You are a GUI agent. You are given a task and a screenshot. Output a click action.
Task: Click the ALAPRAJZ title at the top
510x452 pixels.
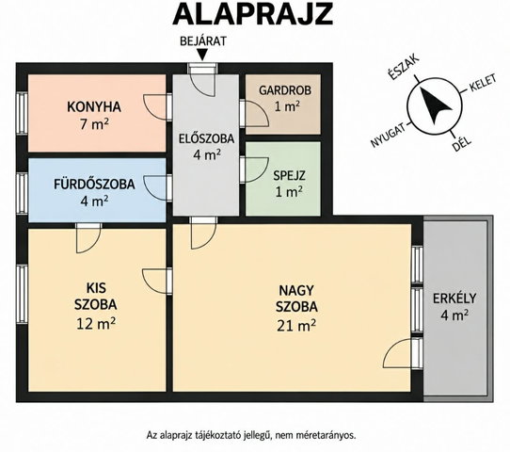[253, 15]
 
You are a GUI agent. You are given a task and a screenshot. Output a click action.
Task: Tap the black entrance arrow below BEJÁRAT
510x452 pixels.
[202, 55]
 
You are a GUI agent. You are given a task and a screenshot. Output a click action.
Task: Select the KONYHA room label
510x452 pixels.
[94, 107]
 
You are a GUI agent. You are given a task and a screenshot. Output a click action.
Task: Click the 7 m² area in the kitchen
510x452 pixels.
[94, 124]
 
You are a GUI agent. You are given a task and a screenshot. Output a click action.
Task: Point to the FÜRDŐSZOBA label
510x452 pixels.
[94, 185]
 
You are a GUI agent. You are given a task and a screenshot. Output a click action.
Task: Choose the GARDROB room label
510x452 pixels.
[285, 90]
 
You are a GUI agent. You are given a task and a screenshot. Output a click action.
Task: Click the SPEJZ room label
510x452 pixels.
[289, 176]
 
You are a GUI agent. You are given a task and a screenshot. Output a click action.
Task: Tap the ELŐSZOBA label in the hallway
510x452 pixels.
[206, 138]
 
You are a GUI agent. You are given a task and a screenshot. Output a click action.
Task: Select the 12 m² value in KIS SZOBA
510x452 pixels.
[96, 323]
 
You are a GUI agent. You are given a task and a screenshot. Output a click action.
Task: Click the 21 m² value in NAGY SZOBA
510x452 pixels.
[296, 326]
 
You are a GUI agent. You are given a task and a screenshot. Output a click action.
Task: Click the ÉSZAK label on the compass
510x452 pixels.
[404, 68]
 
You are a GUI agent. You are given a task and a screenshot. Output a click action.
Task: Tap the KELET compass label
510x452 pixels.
[482, 84]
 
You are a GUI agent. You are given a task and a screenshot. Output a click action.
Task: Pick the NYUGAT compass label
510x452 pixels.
[389, 135]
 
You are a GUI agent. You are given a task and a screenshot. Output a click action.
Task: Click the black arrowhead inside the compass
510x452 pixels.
[435, 105]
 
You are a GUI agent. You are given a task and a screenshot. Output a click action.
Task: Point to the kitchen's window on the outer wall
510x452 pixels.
[23, 113]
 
